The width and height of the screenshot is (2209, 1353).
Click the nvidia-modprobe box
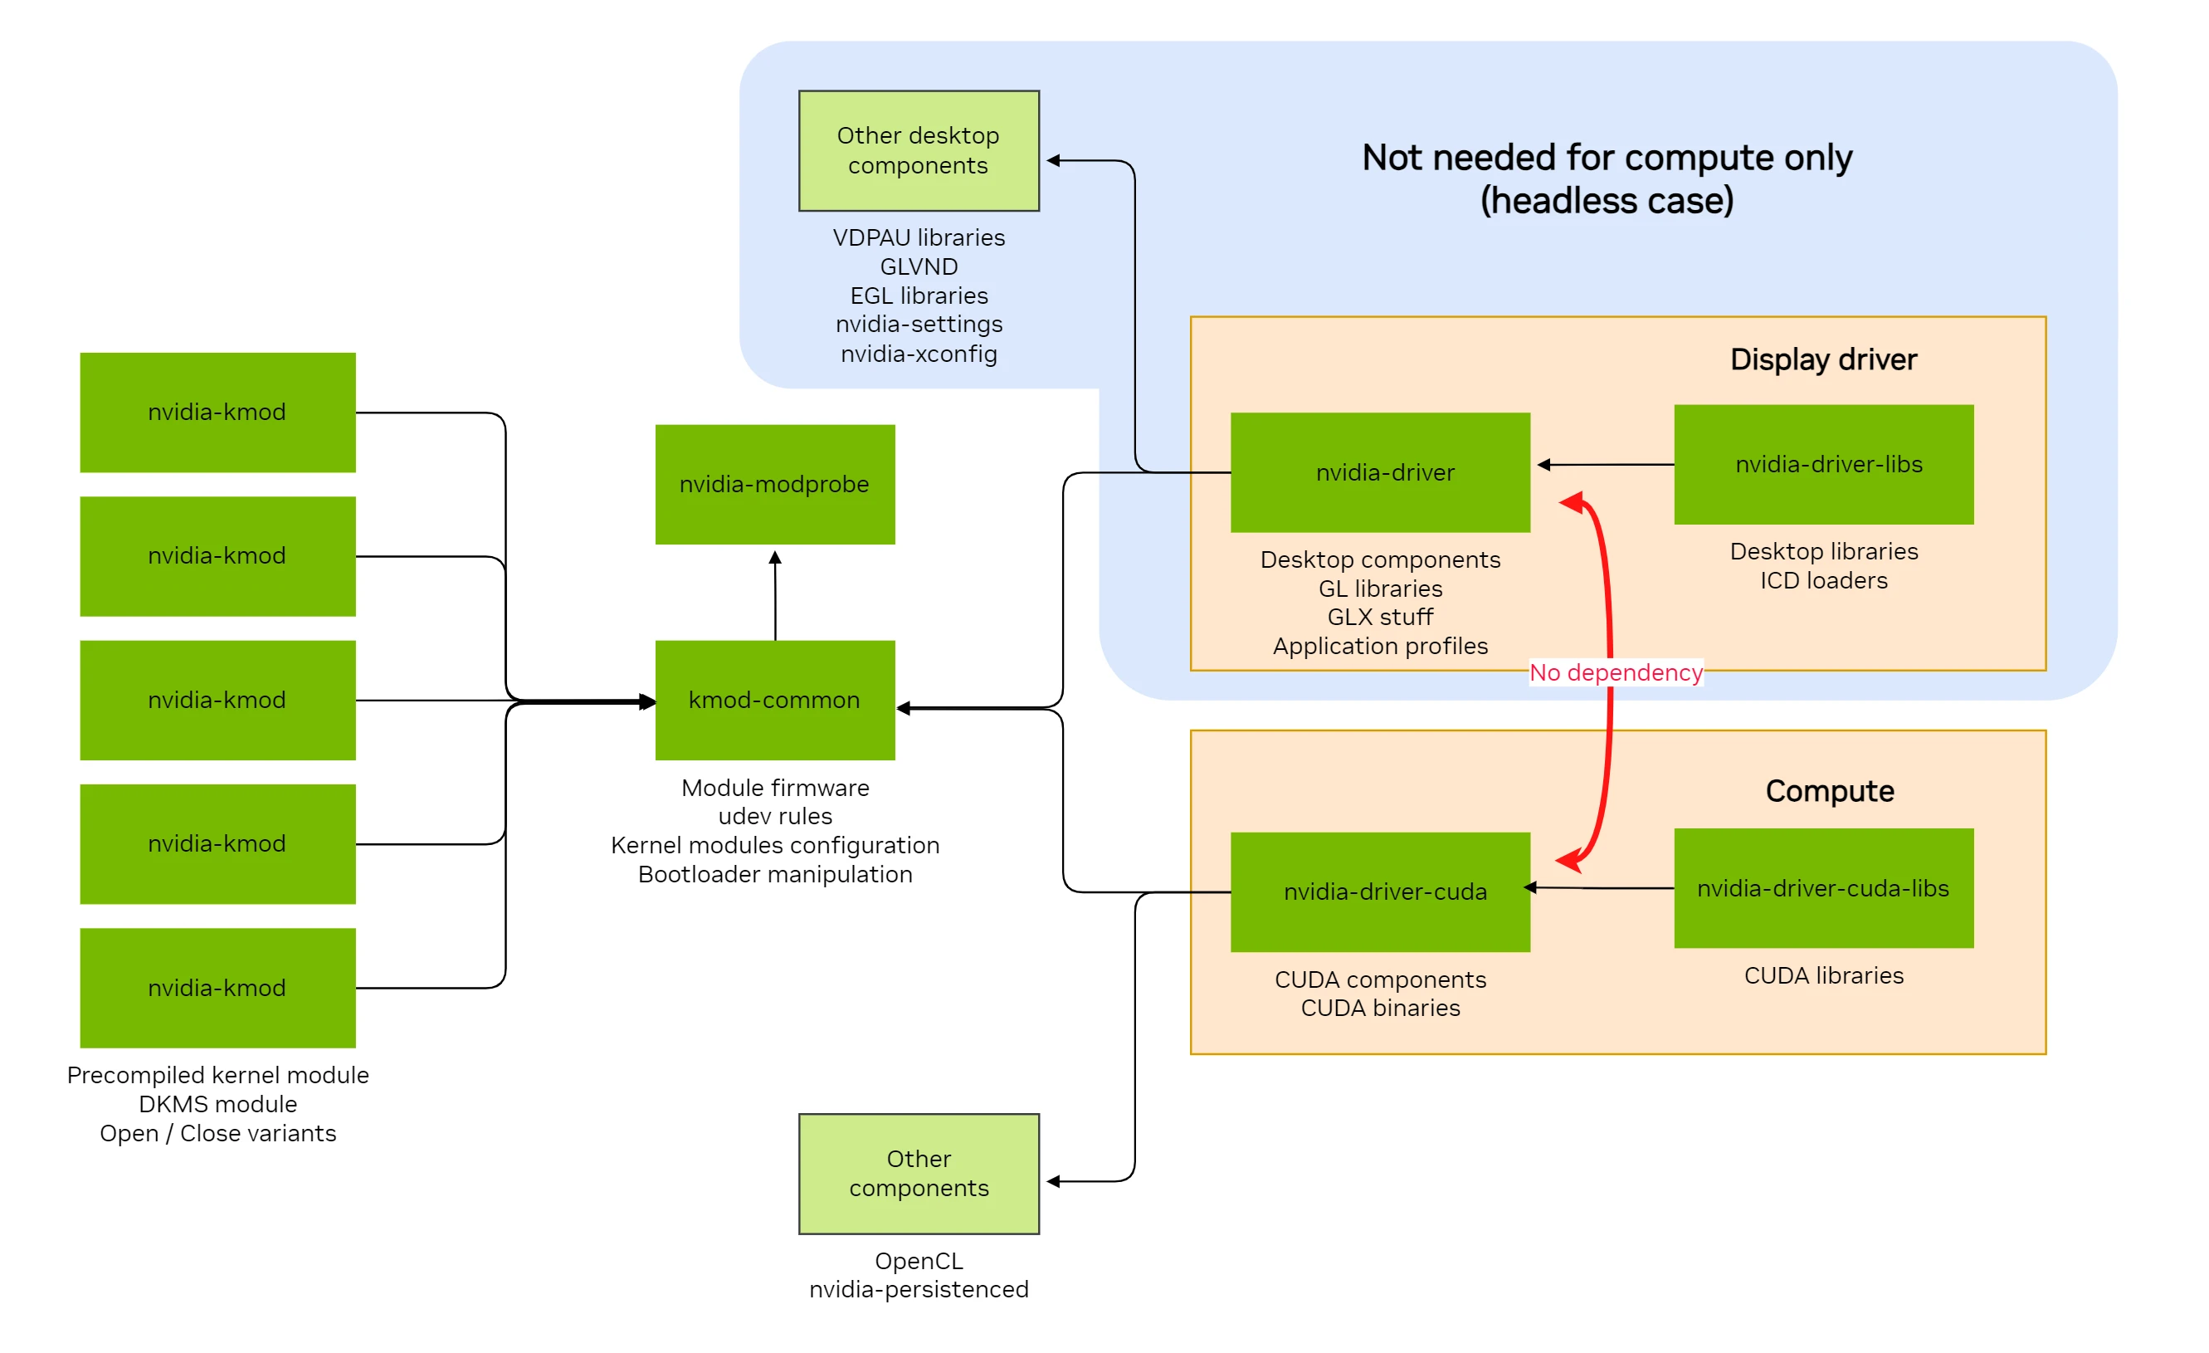point(774,484)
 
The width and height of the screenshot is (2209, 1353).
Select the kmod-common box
point(774,700)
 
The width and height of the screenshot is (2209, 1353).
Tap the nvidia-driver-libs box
point(1823,465)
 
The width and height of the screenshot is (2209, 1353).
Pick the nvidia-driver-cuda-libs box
point(1823,887)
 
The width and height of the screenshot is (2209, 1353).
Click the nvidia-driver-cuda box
point(1380,891)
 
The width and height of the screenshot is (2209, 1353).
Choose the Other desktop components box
point(919,150)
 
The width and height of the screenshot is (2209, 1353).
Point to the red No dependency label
point(1616,672)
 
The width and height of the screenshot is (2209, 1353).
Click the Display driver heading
point(1823,359)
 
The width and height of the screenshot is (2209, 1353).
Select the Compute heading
point(1829,791)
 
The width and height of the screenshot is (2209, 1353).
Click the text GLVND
point(919,266)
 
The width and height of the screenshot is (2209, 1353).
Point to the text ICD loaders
point(1823,580)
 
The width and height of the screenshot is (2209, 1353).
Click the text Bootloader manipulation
point(774,874)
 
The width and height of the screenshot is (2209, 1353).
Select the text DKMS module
point(218,1104)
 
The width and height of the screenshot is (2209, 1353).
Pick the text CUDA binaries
point(1380,1008)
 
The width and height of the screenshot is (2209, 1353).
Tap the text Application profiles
point(1380,646)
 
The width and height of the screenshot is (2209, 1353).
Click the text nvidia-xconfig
point(919,354)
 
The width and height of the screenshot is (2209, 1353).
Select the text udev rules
point(774,816)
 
